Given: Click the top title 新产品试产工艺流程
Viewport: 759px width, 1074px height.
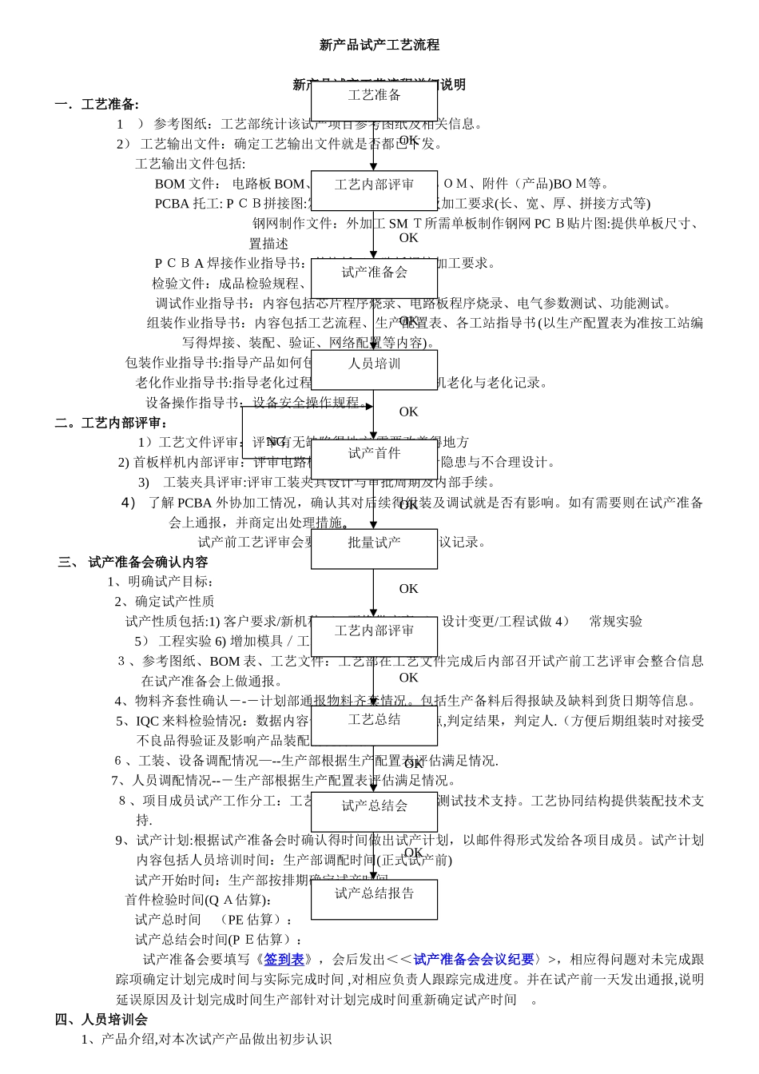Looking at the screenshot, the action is coord(379,46).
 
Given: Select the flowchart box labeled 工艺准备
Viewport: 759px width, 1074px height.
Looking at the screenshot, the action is coord(374,99).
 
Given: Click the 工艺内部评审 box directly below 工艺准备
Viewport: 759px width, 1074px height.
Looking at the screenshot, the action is coord(374,189).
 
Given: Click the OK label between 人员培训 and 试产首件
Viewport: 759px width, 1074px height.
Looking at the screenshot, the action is coord(408,412).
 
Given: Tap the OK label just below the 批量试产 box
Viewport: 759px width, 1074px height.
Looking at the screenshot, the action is coord(408,589).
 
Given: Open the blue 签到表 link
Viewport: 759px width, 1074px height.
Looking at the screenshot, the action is coord(284,960).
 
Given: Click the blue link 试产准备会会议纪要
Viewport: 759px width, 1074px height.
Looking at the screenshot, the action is coord(474,960).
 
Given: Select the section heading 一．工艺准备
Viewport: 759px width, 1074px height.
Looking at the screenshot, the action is coord(97,104).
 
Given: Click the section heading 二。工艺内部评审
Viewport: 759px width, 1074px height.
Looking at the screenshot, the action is coord(111,423).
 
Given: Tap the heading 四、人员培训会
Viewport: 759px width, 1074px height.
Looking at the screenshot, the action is coord(101,1020).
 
